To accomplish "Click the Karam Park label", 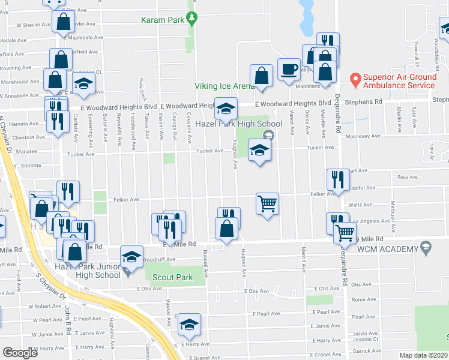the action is (162, 20).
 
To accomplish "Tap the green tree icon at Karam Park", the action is (192, 20).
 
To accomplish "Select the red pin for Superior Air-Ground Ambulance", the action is (355, 79).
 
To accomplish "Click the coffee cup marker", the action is (289, 69).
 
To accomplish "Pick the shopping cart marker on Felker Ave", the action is (268, 203).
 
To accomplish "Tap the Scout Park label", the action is (172, 277).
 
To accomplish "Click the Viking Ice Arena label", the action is (224, 86).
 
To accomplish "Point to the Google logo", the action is (20, 352).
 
